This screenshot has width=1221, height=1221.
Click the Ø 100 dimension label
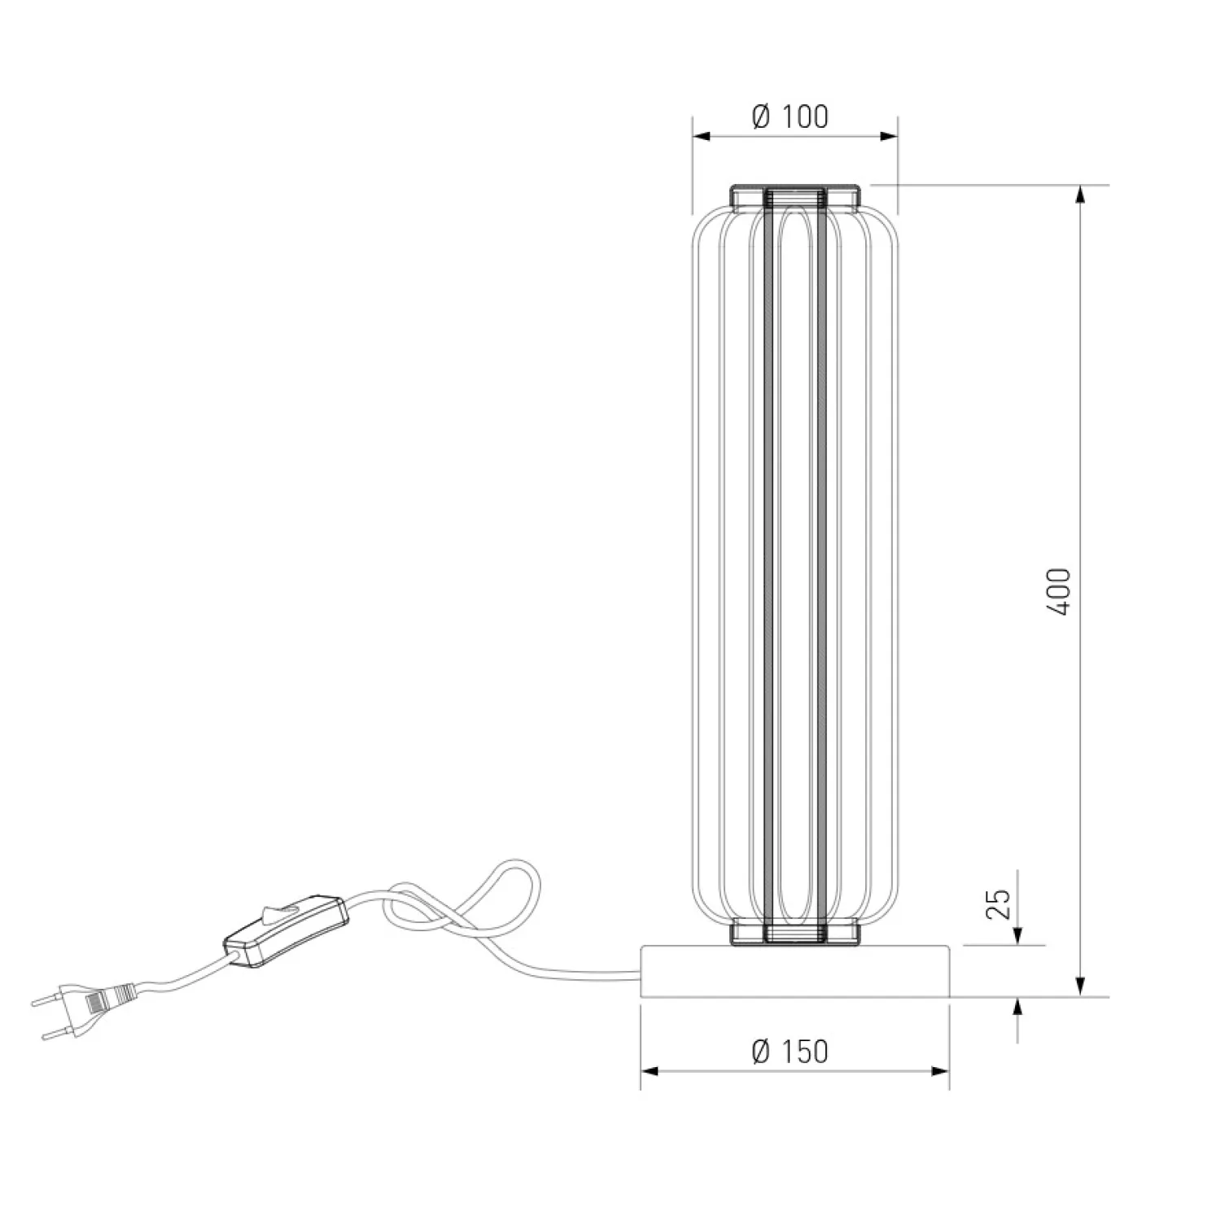tap(790, 117)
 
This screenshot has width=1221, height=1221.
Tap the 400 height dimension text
tap(1059, 591)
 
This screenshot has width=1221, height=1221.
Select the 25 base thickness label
tap(998, 904)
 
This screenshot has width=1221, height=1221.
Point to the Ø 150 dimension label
tap(790, 1051)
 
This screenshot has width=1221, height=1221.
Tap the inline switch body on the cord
tap(286, 933)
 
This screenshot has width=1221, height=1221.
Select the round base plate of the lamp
tap(795, 971)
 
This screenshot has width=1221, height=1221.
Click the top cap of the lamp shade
tap(795, 196)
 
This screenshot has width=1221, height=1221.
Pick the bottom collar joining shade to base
tap(795, 934)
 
